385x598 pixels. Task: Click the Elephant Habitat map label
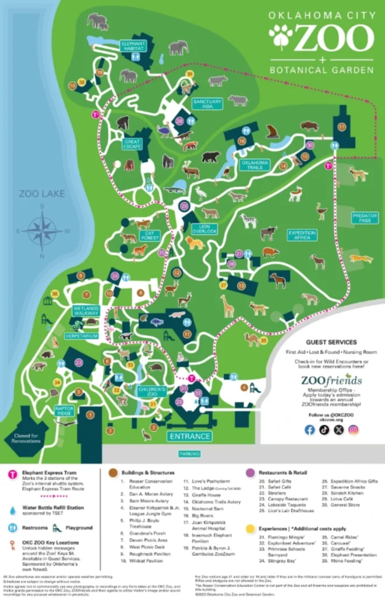(x=133, y=46)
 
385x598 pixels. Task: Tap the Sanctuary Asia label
(x=207, y=104)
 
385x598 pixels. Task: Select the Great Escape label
(x=133, y=144)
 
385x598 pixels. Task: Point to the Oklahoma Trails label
(x=254, y=165)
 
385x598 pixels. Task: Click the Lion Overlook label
(x=204, y=229)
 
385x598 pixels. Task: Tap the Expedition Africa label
(x=302, y=235)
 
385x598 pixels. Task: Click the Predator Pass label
(x=365, y=217)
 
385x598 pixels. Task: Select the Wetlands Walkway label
(x=85, y=311)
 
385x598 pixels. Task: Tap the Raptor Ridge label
(x=65, y=411)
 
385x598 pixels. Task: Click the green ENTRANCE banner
(x=189, y=436)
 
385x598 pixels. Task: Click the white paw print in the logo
(x=281, y=36)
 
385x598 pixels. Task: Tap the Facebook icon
(x=310, y=430)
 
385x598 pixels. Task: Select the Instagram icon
(x=353, y=430)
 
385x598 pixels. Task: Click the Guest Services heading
(x=330, y=342)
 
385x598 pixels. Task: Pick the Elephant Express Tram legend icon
(x=12, y=474)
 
